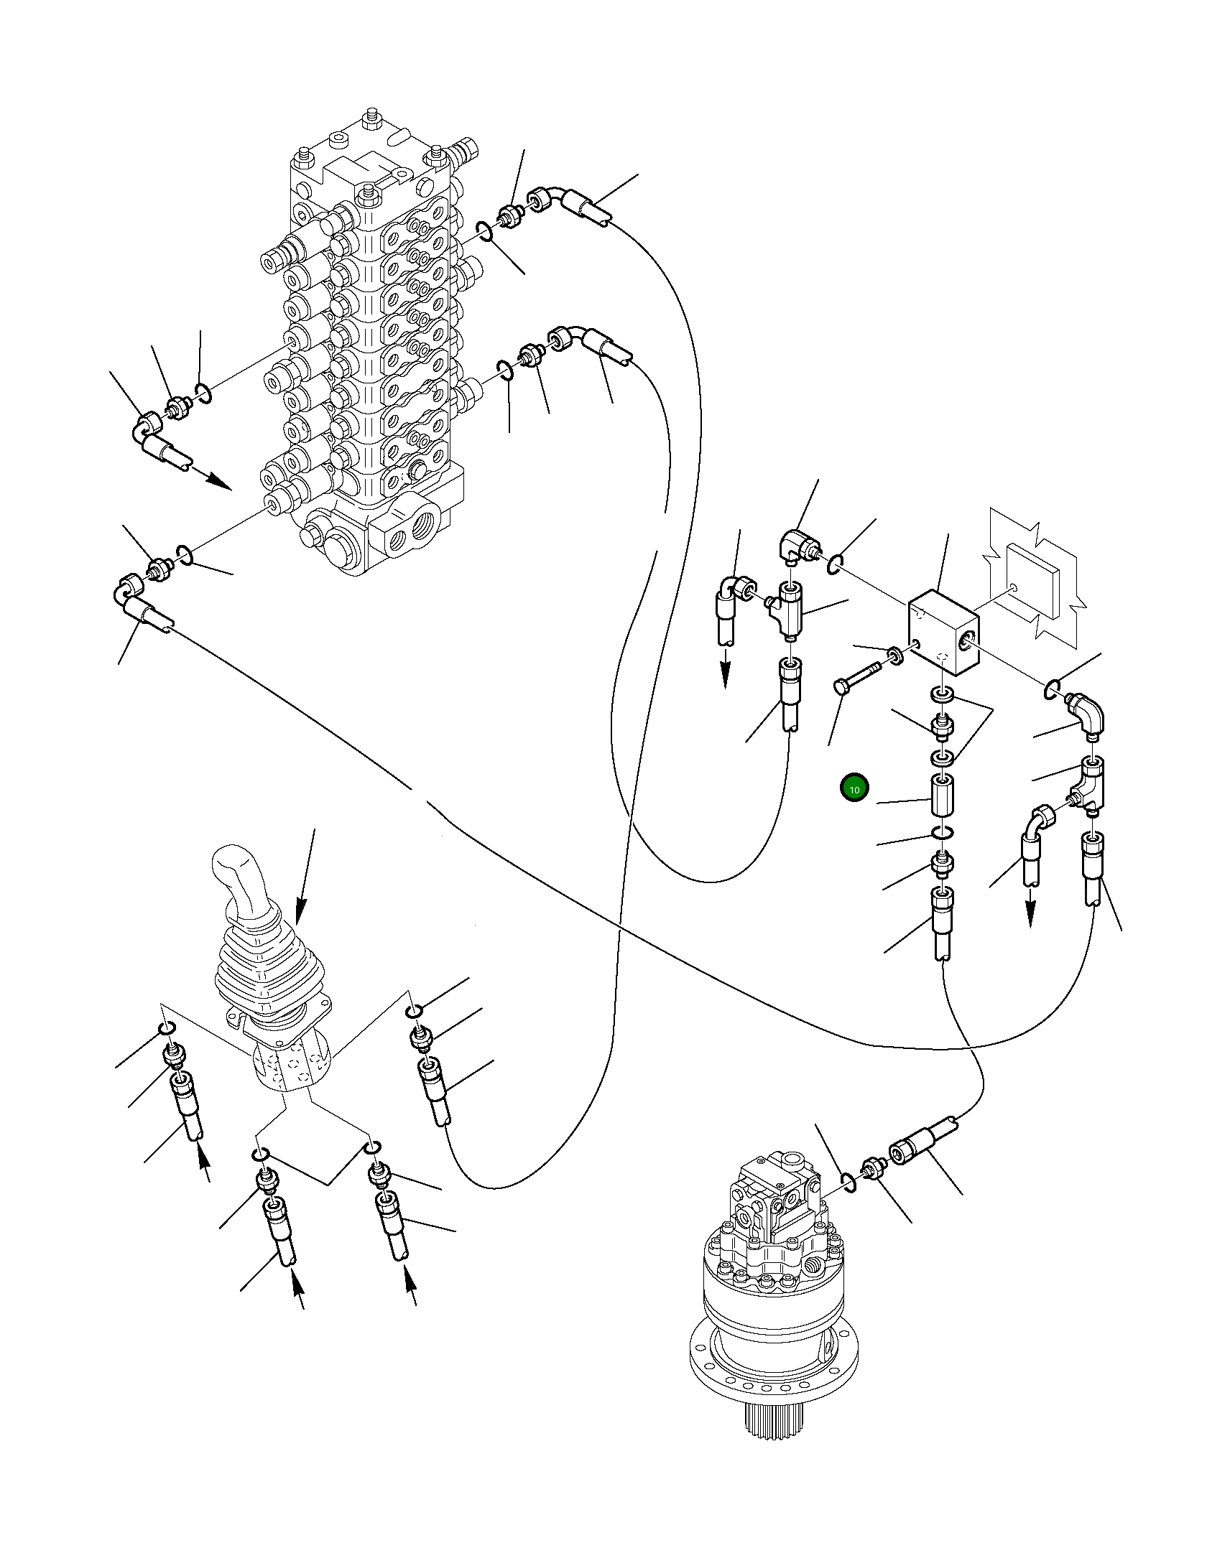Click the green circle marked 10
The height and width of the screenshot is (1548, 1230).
[x=854, y=789]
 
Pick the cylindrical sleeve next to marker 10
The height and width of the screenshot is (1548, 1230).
[x=942, y=795]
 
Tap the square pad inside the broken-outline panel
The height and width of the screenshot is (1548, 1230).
[x=1033, y=580]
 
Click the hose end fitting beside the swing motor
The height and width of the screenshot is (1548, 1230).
[x=912, y=1155]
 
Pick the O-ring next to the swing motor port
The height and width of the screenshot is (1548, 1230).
[x=848, y=1182]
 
